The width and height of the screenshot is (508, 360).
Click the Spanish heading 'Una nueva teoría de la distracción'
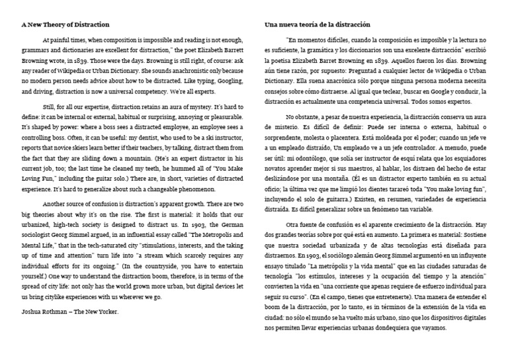tap(317, 24)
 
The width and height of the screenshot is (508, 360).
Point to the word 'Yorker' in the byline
tap(105, 311)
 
